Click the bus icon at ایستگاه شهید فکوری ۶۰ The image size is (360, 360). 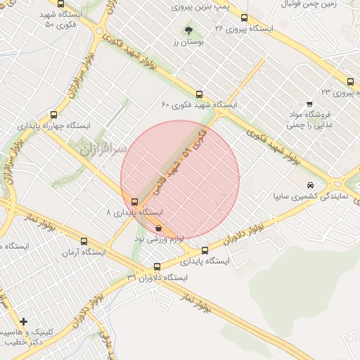pos(200,94)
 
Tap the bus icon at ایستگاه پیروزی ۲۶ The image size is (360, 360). pos(244,18)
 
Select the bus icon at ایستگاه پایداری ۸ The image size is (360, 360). pos(134,202)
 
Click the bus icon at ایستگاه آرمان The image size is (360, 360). pos(84,241)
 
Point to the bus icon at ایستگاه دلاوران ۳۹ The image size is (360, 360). pos(157,267)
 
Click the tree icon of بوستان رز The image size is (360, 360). pos(188,30)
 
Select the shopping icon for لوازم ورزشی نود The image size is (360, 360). pos(159,228)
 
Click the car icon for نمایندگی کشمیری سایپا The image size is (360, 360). pos(310,185)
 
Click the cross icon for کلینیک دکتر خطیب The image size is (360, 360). pos(25,322)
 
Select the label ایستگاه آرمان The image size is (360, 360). pos(84,252)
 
